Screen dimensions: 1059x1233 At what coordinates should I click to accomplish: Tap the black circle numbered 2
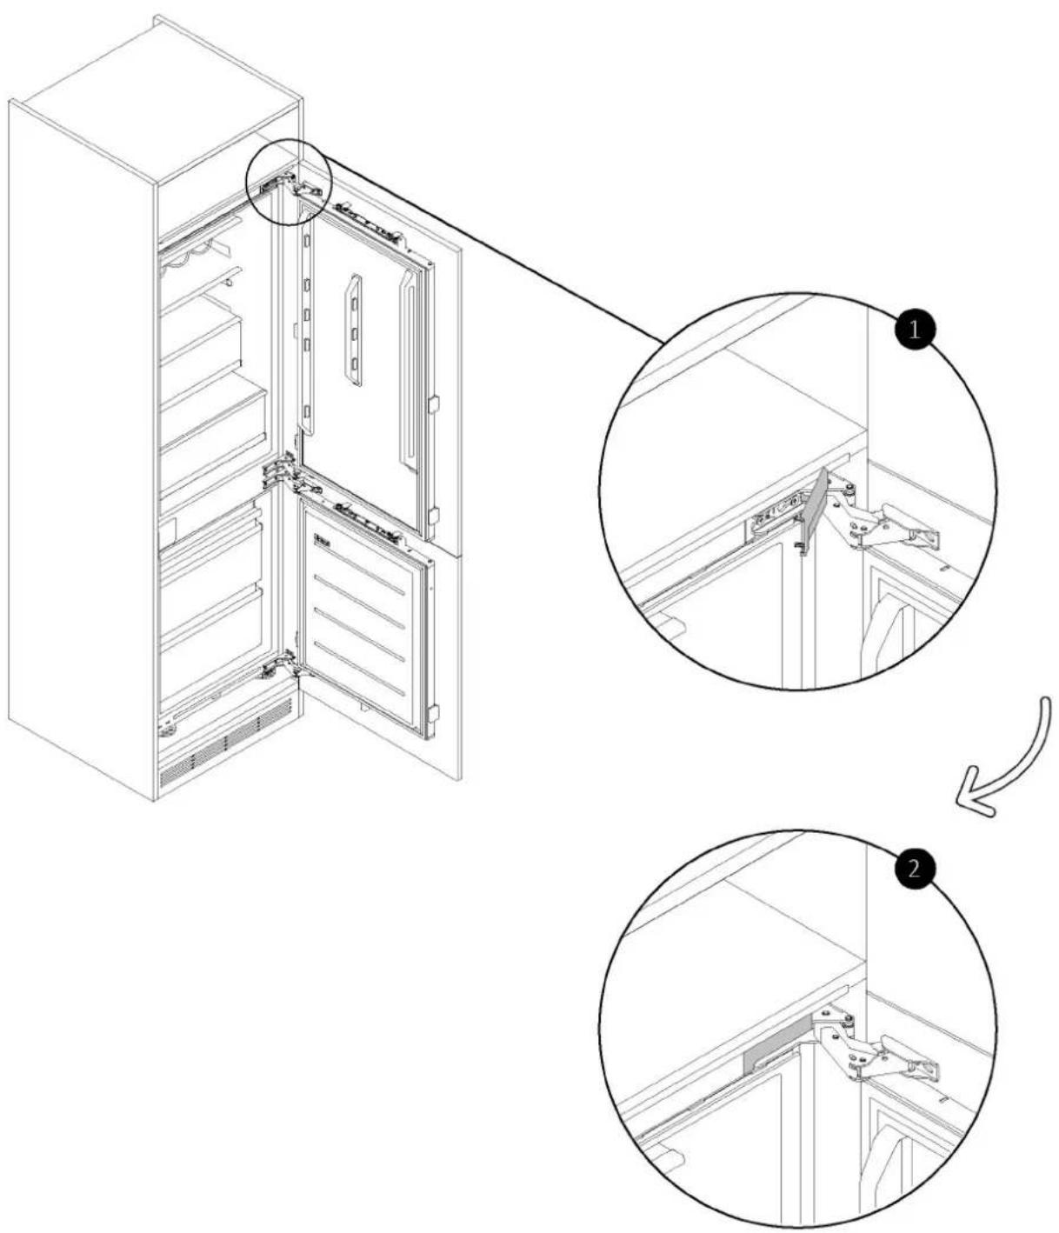pos(913,870)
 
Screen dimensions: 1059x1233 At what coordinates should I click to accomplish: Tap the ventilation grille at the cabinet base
pos(225,749)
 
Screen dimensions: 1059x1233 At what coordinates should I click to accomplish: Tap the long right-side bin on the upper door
pos(411,370)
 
